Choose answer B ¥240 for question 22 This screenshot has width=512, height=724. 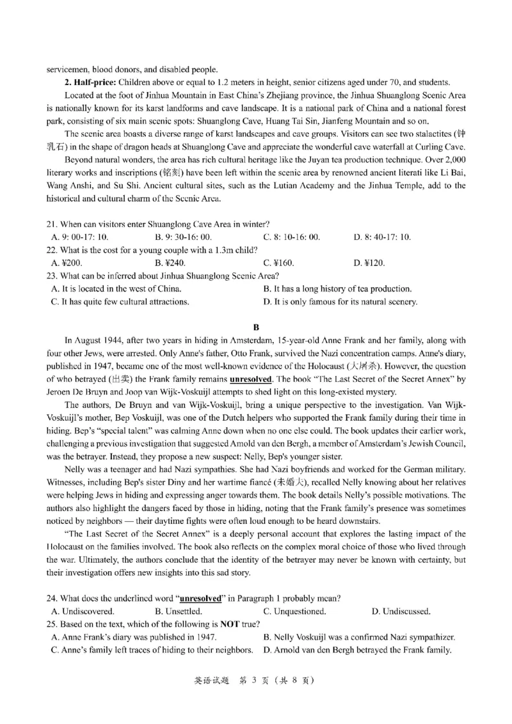(168, 263)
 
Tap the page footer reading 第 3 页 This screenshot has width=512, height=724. (256, 681)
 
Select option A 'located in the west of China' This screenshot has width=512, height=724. (116, 288)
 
